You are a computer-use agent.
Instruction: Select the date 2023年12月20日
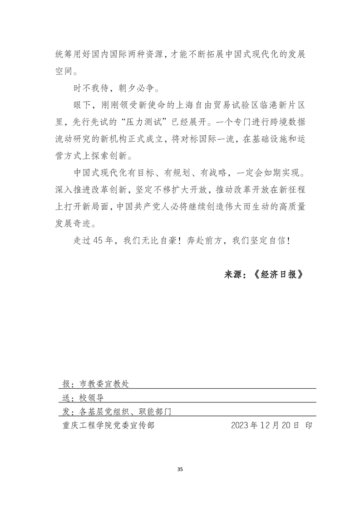coord(265,426)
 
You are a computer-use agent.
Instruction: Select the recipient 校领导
coord(92,398)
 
